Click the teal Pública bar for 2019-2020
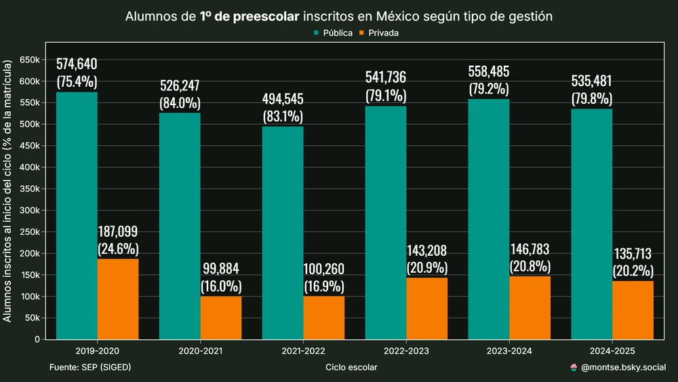[77, 216]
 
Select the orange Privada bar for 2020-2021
[221, 318]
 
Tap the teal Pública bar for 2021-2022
[283, 233]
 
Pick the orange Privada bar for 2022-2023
[427, 308]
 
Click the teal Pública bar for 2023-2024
[489, 219]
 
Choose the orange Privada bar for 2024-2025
[633, 310]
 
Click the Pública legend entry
[332, 33]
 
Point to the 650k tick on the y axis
[29, 60]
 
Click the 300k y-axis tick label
[29, 210]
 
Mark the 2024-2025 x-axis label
[612, 351]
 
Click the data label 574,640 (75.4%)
[77, 73]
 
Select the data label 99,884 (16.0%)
[221, 277]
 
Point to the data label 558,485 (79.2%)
[489, 79]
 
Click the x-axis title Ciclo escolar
[351, 367]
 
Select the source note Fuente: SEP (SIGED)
[90, 367]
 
